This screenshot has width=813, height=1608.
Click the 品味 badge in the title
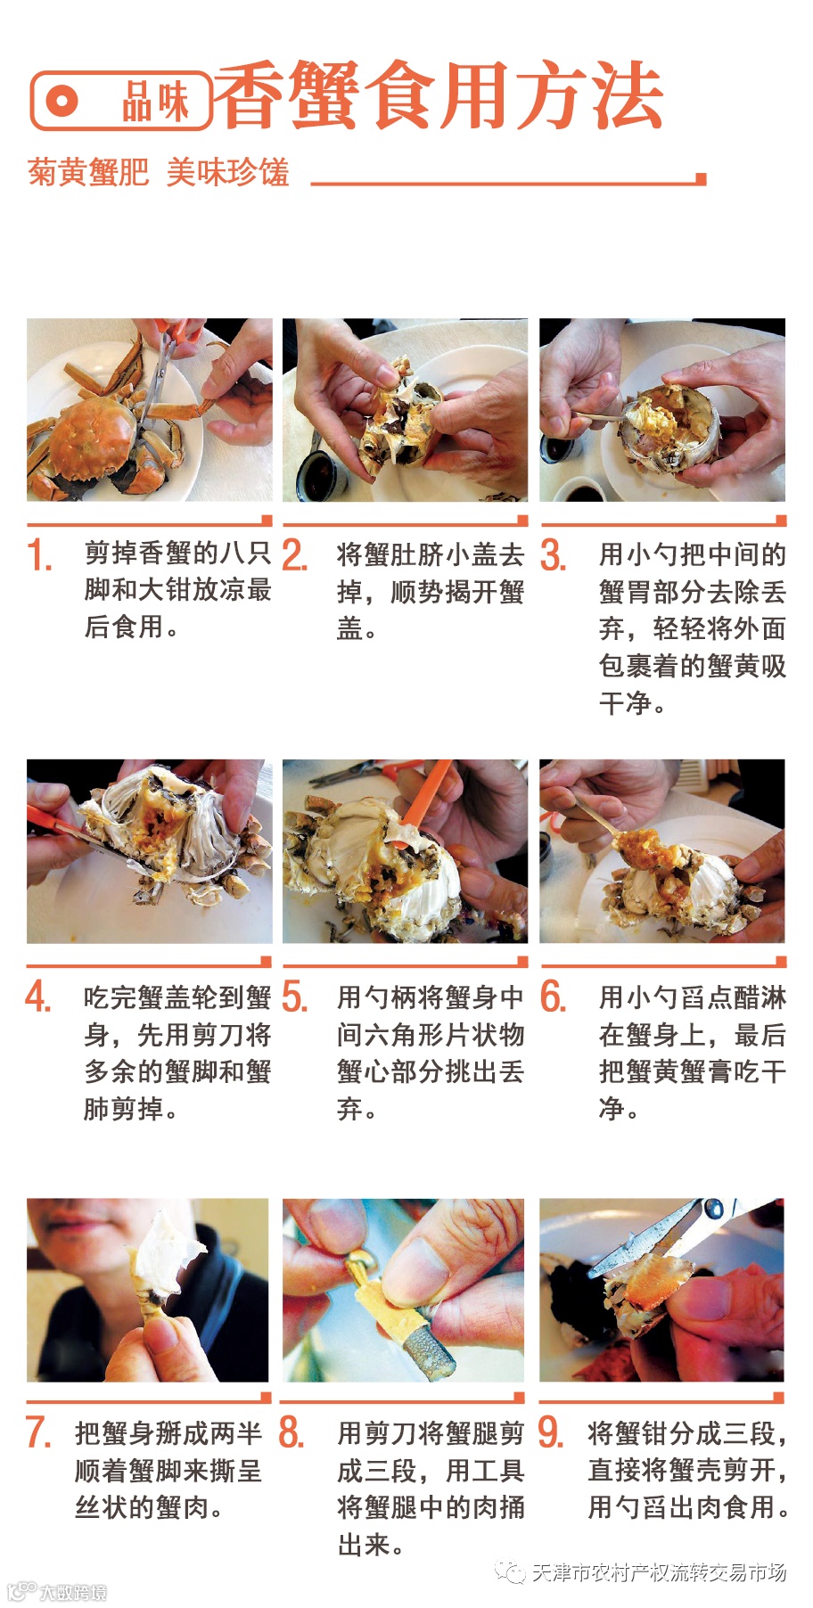coord(121,101)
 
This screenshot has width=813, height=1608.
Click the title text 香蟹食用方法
coord(439,95)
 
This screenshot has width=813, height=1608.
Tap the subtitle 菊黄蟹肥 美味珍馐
coord(159,171)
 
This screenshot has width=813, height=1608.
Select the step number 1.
coord(39,555)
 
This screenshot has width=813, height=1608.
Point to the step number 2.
coord(294,554)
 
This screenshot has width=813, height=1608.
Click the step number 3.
coord(553,554)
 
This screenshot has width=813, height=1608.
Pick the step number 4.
coord(38,997)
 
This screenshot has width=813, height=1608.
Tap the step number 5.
coord(294,997)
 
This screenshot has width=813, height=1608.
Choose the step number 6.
coord(553,997)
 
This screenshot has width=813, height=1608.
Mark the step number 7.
coord(38,1432)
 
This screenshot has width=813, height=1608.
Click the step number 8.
coord(292,1432)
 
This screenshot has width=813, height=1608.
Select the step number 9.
coord(551,1432)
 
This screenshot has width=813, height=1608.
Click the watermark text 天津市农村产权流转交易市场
coord(659,1573)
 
